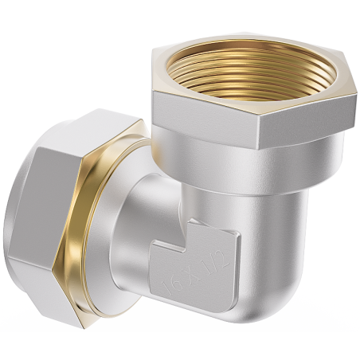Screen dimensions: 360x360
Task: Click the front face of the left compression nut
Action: (x=40, y=207)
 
